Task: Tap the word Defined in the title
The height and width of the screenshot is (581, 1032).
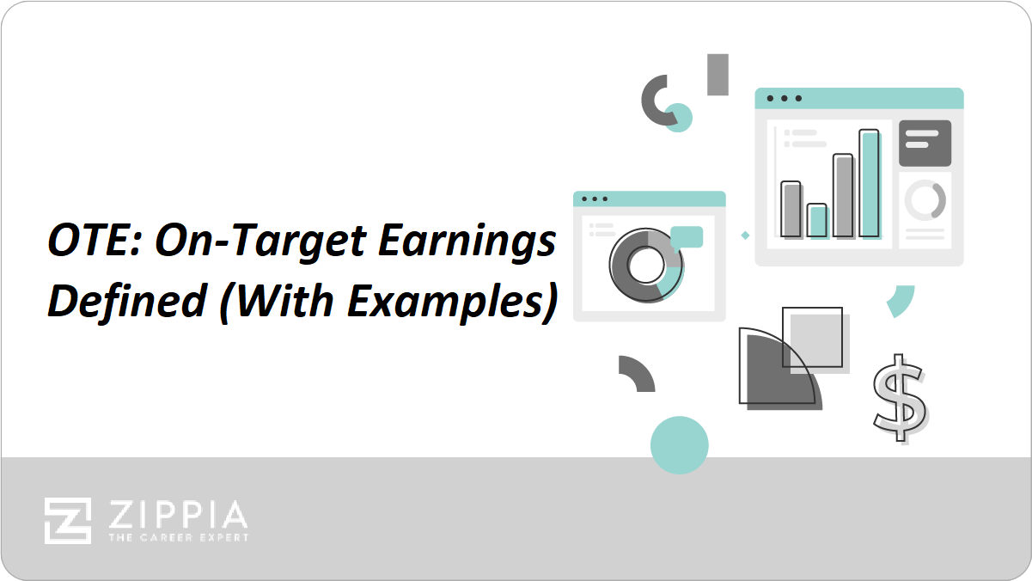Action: point(127,301)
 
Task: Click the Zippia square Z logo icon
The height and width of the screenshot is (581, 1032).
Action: point(68,521)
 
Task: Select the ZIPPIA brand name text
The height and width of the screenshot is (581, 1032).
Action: point(178,515)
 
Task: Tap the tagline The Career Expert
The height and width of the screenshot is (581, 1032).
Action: point(179,538)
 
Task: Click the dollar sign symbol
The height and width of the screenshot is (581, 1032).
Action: point(900,398)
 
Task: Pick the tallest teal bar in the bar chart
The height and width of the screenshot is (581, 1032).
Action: point(870,184)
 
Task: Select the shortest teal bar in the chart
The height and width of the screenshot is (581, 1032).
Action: point(818,221)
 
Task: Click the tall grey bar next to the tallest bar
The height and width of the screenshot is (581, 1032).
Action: point(844,196)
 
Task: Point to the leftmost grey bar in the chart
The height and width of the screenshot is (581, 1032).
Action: point(791,210)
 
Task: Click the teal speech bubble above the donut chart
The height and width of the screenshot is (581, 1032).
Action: point(687,238)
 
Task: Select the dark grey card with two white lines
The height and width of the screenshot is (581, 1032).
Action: point(925,144)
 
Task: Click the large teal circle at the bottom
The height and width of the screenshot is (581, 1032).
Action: point(680,445)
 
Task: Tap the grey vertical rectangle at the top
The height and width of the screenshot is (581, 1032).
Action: point(718,75)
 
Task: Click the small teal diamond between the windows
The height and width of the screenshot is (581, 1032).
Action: point(745,235)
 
